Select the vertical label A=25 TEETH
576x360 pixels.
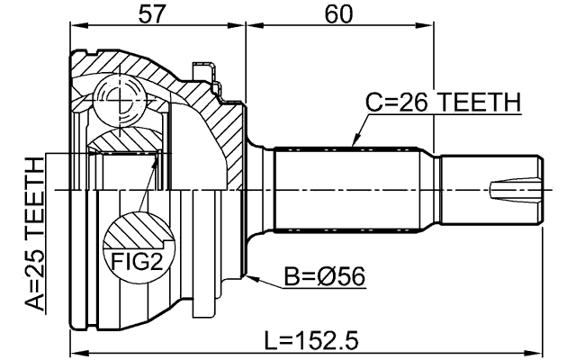34,234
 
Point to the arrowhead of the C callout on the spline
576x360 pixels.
355,144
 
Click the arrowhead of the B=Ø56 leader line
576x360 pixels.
251,275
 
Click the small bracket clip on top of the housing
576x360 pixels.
204,73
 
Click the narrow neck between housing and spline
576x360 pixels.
261,190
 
